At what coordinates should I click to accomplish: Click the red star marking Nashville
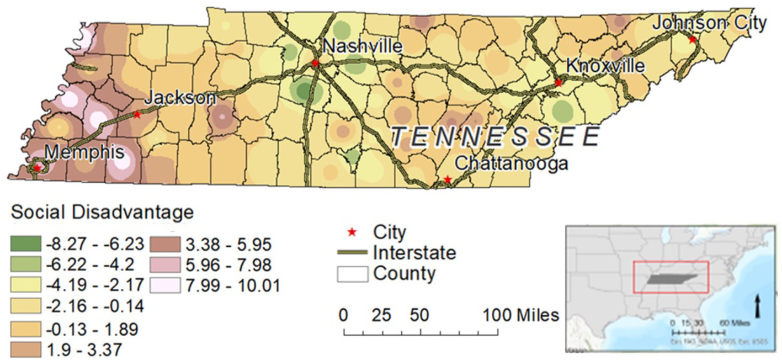point(315,63)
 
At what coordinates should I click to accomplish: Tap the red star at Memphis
point(37,167)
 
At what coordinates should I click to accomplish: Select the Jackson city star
point(137,115)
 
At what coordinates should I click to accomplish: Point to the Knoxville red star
point(558,83)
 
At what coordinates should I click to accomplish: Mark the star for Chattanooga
point(448,179)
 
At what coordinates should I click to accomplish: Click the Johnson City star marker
point(691,40)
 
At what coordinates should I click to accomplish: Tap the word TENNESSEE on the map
point(495,136)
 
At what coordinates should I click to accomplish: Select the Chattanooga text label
point(511,164)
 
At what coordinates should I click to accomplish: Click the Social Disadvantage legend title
point(103,211)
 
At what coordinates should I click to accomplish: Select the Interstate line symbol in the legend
point(352,252)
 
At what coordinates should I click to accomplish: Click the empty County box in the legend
point(352,273)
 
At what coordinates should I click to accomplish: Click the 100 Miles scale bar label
point(522,315)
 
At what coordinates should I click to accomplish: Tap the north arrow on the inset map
point(758,305)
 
